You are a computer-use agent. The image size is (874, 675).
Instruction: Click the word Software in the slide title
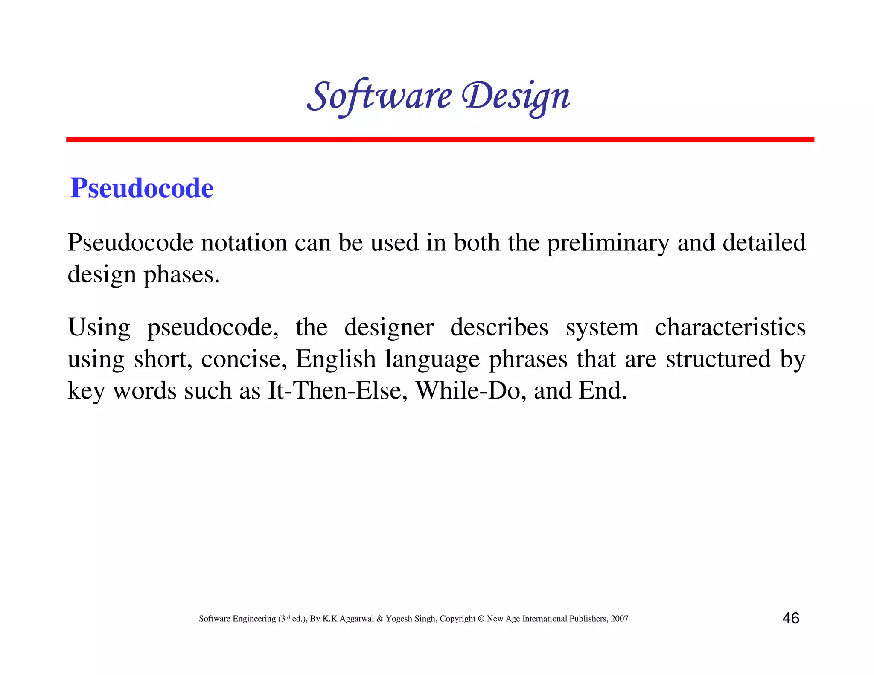[379, 96]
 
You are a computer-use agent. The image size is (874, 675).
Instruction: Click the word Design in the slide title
[516, 96]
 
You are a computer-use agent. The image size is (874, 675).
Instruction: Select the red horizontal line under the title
[440, 140]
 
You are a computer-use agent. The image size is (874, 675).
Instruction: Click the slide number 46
[790, 618]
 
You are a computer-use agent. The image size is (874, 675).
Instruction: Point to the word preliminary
[608, 243]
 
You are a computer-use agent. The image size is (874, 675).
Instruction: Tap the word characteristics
[730, 327]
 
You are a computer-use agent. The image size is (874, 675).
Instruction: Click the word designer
[389, 328]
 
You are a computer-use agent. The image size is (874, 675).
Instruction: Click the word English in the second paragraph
[335, 359]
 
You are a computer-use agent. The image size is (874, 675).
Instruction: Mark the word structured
[718, 359]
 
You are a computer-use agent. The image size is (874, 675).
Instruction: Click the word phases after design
[181, 274]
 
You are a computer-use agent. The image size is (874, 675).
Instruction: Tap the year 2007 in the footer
[619, 619]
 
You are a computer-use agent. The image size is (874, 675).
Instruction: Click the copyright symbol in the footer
[481, 619]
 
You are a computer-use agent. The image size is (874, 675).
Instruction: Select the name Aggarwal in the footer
[357, 619]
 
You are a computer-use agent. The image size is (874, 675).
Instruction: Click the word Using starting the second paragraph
[99, 328]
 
